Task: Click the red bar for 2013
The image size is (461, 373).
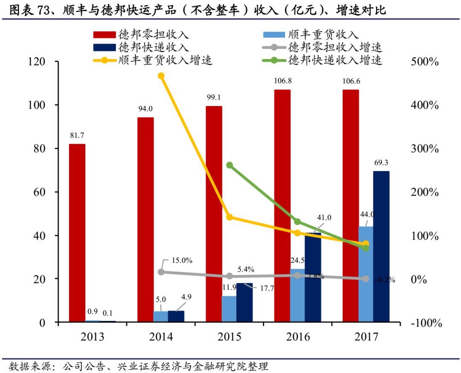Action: [x=77, y=233]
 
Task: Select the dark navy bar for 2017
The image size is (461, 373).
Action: [x=381, y=247]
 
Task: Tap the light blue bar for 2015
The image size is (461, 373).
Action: [x=229, y=308]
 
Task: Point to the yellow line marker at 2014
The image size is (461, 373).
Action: [x=161, y=76]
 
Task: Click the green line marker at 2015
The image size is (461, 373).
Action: [x=229, y=165]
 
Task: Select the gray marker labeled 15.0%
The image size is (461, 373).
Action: [x=161, y=272]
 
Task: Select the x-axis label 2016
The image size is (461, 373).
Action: [x=298, y=337]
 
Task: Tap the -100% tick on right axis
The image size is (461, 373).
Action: [x=426, y=323]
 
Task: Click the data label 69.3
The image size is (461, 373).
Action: [x=381, y=163]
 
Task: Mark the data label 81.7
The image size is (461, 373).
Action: [x=77, y=135]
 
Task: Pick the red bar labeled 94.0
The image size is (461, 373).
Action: [x=146, y=219]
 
